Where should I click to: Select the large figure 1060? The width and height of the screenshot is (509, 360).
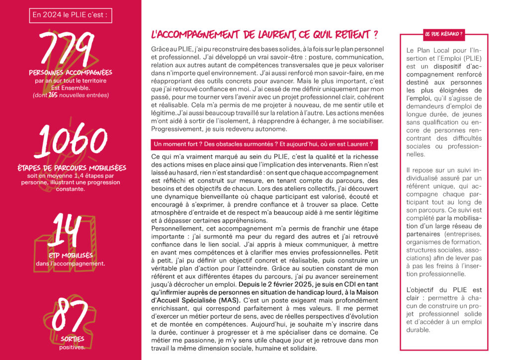[x=70, y=141]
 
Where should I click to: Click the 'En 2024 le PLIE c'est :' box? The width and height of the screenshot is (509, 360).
[x=70, y=15]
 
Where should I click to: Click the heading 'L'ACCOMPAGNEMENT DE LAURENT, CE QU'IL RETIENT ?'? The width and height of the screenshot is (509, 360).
[x=264, y=35]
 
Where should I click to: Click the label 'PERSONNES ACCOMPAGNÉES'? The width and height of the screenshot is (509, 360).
[x=70, y=73]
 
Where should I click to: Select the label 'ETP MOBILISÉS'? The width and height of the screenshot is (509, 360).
[x=71, y=255]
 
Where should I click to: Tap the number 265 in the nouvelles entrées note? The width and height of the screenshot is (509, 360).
[x=54, y=95]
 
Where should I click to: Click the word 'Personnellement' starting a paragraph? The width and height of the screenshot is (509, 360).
[x=175, y=228]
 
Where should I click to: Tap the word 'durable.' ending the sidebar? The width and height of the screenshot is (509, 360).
[x=417, y=329]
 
